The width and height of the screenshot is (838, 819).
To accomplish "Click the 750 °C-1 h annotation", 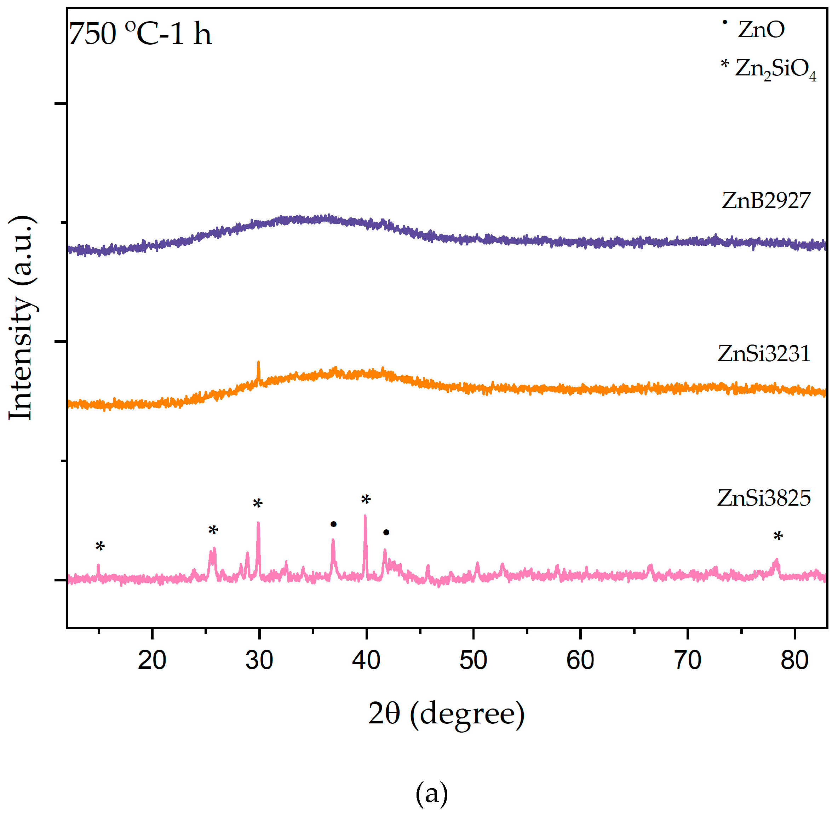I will pyautogui.click(x=140, y=34).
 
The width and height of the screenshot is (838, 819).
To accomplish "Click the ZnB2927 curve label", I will pyautogui.click(x=765, y=200).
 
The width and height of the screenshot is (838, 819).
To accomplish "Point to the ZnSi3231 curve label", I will pyautogui.click(x=763, y=354).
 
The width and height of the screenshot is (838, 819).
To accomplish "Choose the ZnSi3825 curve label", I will pyautogui.click(x=763, y=498).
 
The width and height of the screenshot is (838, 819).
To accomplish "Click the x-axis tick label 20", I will pyautogui.click(x=152, y=660).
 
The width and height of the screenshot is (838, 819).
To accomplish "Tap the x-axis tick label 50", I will pyautogui.click(x=473, y=660).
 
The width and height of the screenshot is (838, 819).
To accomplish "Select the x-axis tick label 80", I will pyautogui.click(x=794, y=660).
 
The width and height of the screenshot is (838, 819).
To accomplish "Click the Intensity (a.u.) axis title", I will pyautogui.click(x=22, y=318).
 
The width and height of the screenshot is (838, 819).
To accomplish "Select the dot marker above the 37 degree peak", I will pyautogui.click(x=333, y=524).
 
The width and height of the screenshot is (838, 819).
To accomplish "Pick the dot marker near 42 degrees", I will pyautogui.click(x=386, y=533).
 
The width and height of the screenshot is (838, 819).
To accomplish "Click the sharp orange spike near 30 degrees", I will pyautogui.click(x=258, y=369).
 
